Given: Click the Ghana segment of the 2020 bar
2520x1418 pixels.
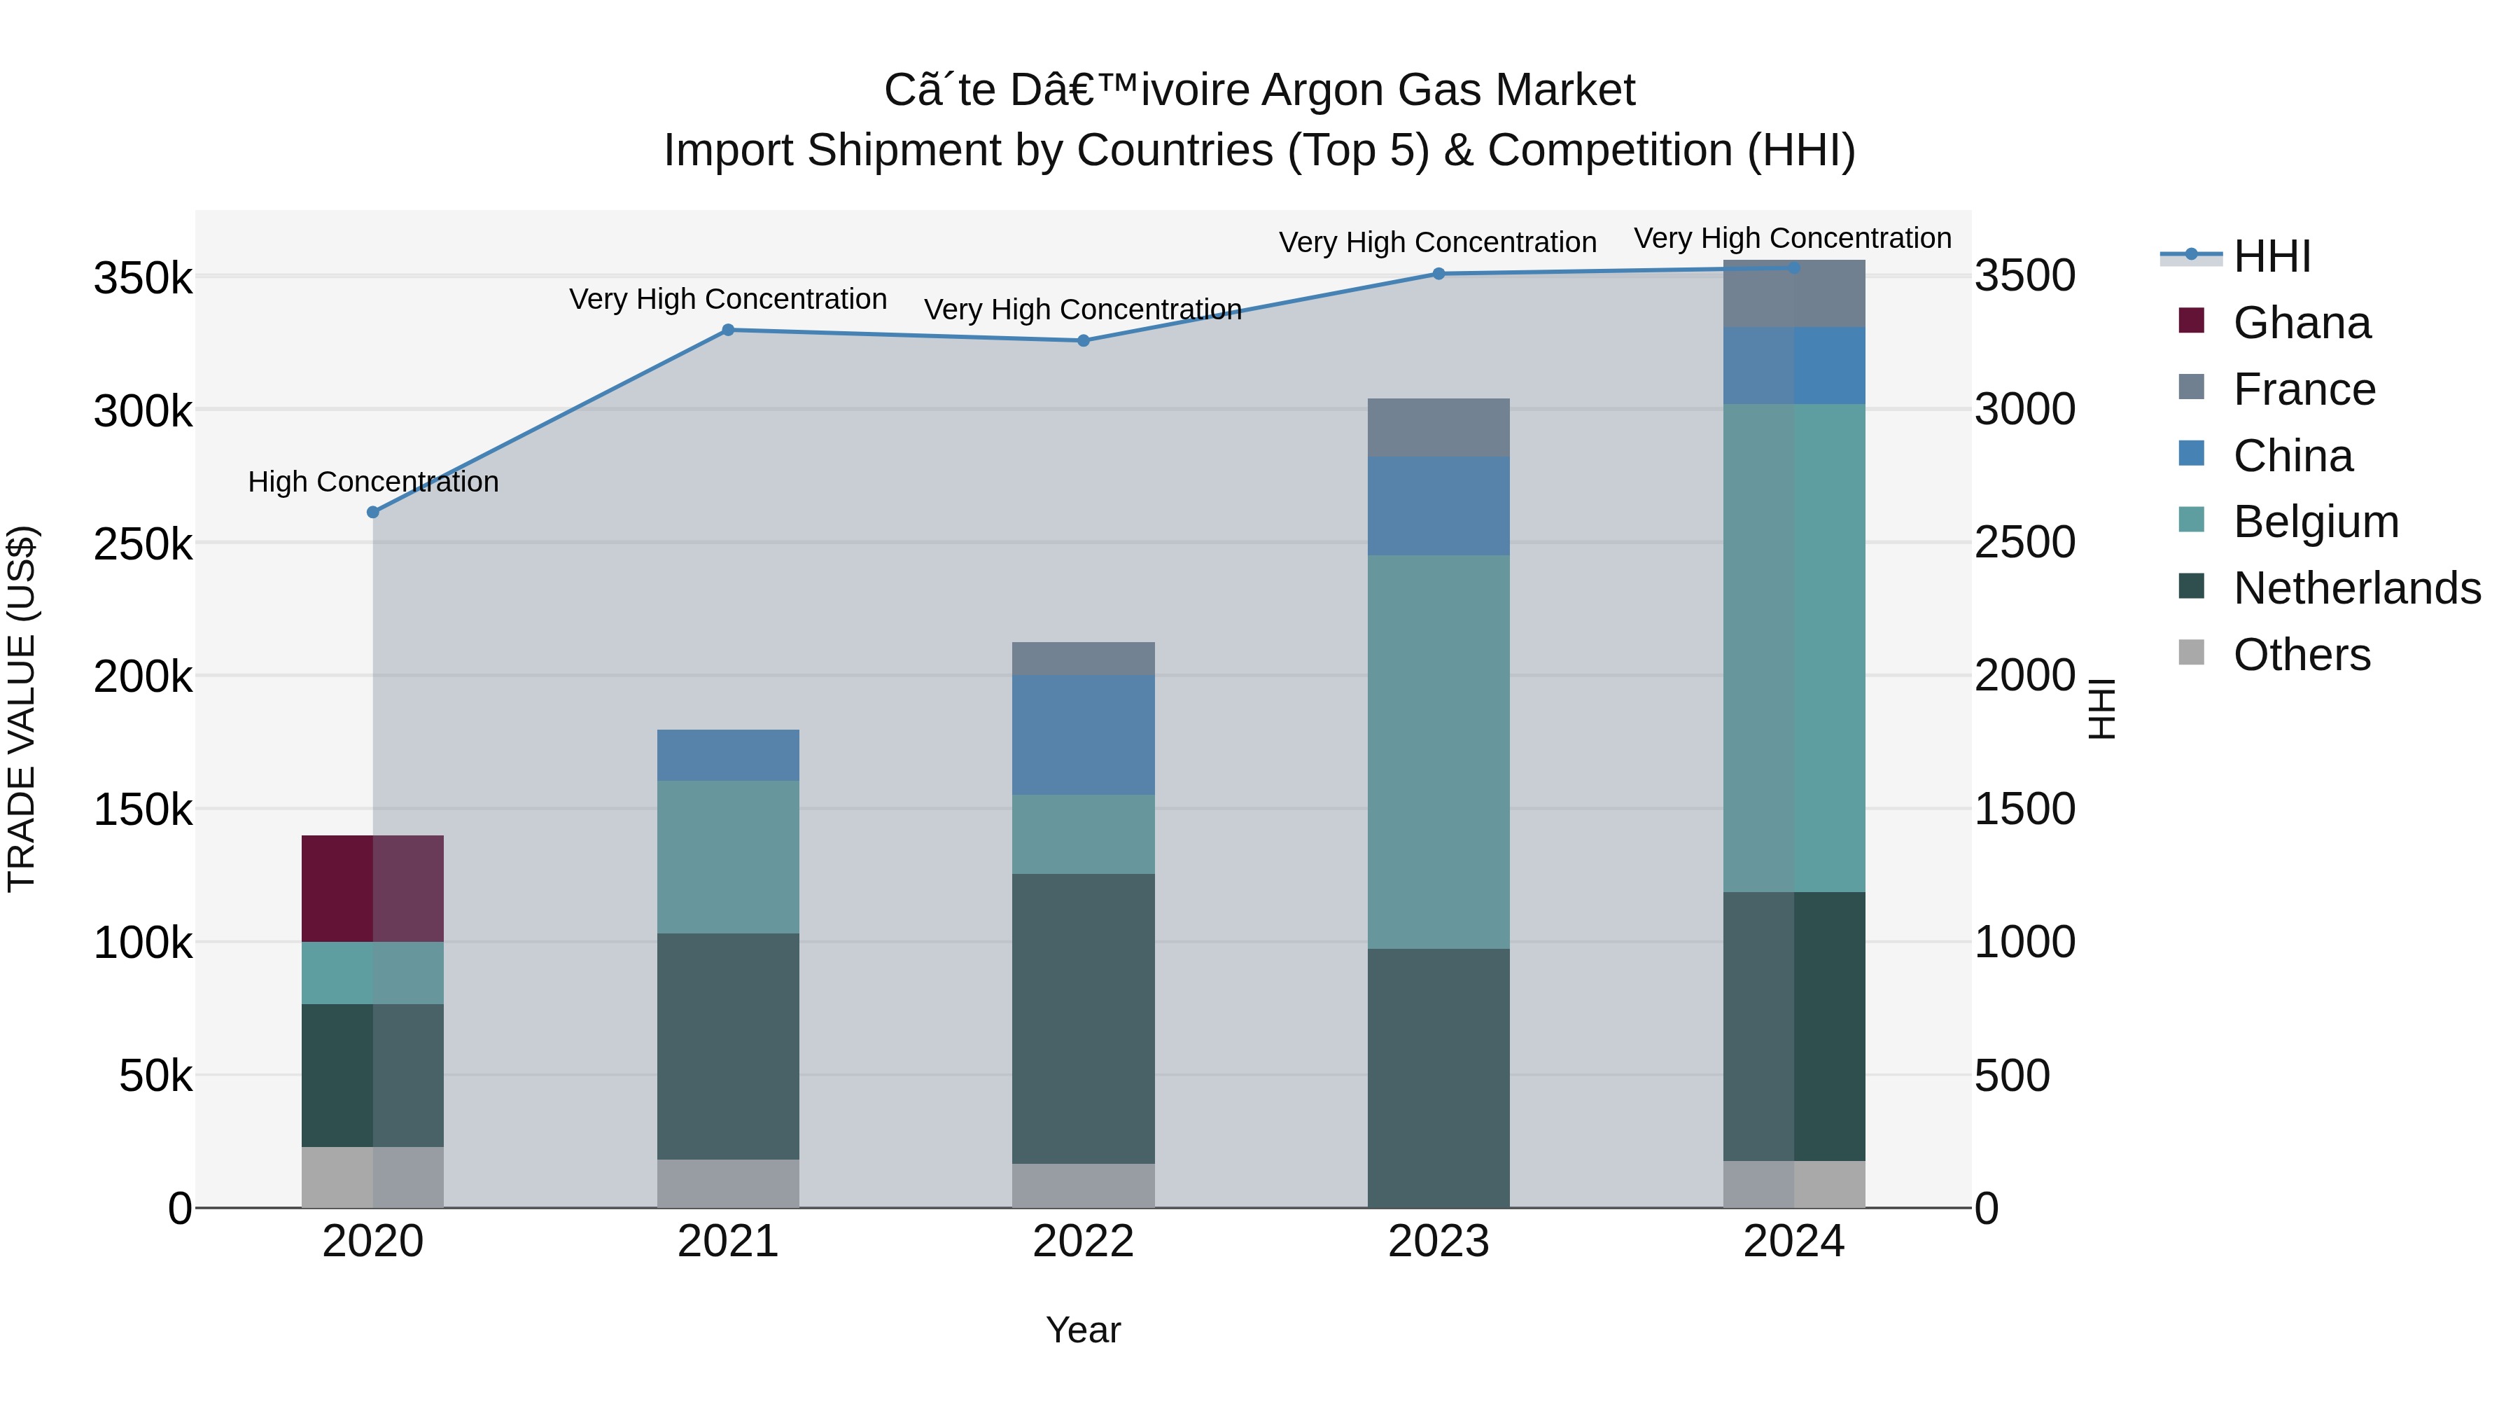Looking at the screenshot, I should pos(372,888).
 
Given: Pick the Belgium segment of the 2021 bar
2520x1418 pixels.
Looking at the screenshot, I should pos(728,856).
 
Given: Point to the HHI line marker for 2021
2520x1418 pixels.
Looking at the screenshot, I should pos(728,330).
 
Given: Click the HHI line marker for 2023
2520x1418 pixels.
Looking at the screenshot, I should pos(1438,274).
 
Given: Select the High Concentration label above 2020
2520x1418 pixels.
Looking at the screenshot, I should pos(372,482).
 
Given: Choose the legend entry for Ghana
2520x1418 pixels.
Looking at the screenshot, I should pos(2301,323).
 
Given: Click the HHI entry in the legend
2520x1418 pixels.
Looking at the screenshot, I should pos(2271,256).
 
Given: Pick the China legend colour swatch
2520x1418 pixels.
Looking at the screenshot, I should pos(2191,454).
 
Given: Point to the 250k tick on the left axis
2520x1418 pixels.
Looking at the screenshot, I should pos(143,544).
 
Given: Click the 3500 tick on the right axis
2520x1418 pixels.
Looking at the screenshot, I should pos(2024,276).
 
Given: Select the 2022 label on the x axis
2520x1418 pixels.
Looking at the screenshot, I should pos(1083,1242).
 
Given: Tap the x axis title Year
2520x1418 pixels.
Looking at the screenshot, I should pos(1083,1330).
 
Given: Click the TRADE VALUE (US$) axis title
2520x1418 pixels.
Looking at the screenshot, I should pos(22,709).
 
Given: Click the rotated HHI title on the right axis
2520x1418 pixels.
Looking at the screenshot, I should pos(2100,709).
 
